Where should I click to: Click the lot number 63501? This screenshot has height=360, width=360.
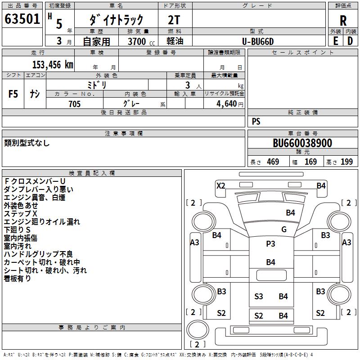[22, 20]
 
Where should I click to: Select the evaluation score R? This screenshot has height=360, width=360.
[343, 20]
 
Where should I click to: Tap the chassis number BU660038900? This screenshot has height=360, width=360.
[302, 144]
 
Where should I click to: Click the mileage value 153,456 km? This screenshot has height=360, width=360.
[52, 65]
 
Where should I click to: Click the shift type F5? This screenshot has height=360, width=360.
[13, 94]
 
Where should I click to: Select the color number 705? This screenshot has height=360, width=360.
[74, 104]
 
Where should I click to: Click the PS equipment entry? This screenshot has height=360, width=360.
[256, 121]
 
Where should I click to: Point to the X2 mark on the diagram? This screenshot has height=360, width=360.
[221, 185]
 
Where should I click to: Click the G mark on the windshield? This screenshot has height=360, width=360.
[284, 229]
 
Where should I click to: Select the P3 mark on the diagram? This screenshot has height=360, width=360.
[270, 243]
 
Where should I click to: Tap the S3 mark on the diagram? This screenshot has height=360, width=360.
[258, 296]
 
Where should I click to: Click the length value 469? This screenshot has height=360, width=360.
[273, 162]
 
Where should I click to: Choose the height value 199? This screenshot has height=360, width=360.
[346, 162]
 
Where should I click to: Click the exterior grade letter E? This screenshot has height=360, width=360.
[335, 41]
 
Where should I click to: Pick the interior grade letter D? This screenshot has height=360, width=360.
[350, 41]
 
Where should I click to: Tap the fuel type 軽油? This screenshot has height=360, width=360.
[175, 41]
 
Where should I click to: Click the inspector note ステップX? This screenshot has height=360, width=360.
[21, 213]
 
